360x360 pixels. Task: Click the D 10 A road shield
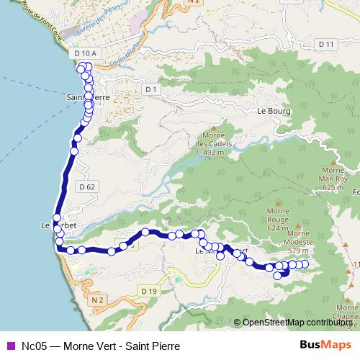point(84,53)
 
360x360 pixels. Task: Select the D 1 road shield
point(150,89)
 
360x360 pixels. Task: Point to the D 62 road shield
point(87,186)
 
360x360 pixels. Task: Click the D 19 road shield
point(148,290)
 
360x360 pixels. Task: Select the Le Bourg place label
point(272,112)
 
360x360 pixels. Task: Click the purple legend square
point(9,346)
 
